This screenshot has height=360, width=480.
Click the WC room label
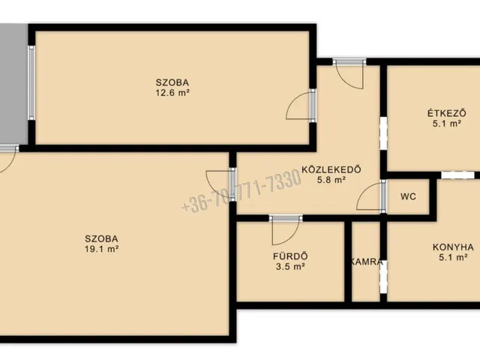tap(408, 196)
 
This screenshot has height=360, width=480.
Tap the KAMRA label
tap(366, 262)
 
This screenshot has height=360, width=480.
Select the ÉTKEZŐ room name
tap(447, 113)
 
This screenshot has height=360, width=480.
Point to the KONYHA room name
tap(453, 247)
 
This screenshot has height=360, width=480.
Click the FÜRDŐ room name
tap(290, 256)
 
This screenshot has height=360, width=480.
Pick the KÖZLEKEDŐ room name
tap(331, 169)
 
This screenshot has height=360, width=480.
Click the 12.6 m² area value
tap(172, 92)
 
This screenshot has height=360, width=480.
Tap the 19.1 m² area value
tap(102, 249)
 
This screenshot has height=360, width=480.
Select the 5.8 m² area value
tap(331, 180)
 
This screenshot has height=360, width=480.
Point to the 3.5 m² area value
tap(290, 267)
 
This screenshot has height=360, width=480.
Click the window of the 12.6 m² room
tap(31, 82)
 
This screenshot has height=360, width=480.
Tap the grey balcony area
tap(13, 83)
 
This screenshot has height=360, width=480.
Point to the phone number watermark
tap(241, 190)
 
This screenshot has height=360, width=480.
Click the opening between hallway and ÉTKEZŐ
tap(383, 133)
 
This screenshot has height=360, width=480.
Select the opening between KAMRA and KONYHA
tap(383, 277)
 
